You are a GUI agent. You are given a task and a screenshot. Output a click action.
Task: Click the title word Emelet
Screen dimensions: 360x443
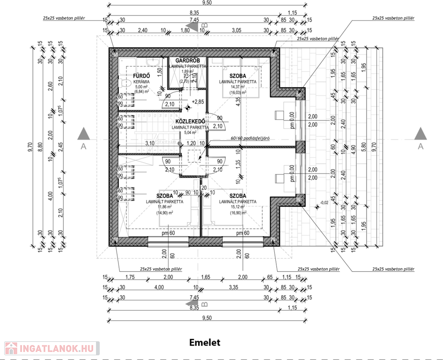[x=205, y=342]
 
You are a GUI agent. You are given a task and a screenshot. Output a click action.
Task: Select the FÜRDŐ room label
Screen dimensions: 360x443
[x=141, y=75]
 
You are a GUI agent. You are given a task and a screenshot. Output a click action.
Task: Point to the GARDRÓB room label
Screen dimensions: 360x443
[x=188, y=61]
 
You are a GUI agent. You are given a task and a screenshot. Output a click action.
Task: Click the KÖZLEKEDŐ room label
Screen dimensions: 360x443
[x=190, y=121]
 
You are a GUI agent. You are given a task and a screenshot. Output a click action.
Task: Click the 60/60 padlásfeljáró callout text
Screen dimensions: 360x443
[x=252, y=139]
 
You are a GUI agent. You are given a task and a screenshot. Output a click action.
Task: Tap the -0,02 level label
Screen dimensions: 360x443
[x=324, y=202]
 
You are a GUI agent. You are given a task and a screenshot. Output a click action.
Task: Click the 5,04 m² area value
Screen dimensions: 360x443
[x=190, y=133]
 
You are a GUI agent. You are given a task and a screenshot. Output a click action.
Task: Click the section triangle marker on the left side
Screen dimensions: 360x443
[x=84, y=134]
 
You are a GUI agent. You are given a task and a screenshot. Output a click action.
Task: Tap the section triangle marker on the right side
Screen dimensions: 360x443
[x=420, y=134]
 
